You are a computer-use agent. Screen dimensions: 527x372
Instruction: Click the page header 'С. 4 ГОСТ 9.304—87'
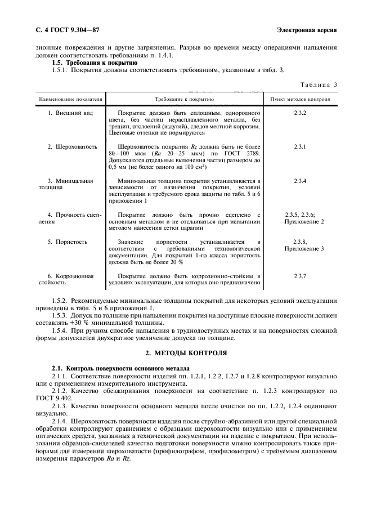coord(68,30)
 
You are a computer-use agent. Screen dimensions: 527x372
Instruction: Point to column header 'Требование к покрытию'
coord(184,99)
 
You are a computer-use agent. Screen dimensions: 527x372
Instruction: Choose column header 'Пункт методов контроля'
coord(300,99)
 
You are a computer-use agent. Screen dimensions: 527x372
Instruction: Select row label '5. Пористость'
coord(68,242)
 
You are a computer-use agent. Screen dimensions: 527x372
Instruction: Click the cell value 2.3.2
coord(299,113)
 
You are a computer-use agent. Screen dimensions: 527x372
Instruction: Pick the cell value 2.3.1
coord(299,147)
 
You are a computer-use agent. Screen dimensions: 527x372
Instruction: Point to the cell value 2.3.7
coord(299,276)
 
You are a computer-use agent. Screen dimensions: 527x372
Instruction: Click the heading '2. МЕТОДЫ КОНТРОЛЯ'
coord(186,352)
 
